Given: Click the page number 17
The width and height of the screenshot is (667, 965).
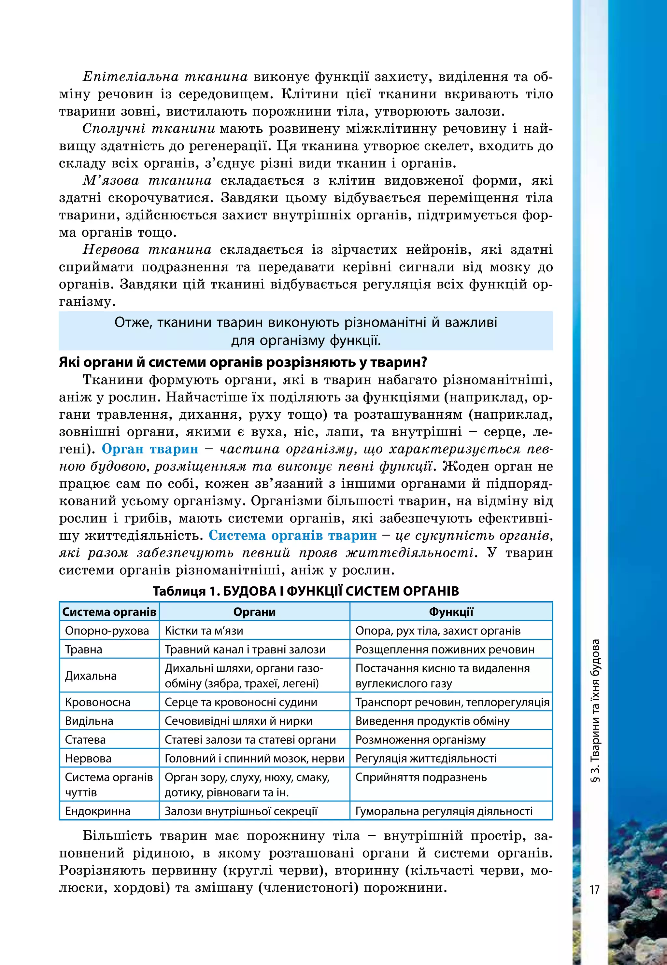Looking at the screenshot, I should pos(594,890).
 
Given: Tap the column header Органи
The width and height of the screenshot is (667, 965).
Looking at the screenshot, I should pos(254,612).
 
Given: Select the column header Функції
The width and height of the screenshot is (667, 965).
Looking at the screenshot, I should pos(451,612).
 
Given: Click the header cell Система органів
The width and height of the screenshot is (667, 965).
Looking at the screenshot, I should pos(109,612).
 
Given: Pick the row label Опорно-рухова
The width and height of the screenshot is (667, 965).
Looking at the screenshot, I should pos(107,631).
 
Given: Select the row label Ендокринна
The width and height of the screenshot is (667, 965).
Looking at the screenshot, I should pos(98,811).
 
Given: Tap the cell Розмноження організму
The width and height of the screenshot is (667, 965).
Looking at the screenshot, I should pos(420,740).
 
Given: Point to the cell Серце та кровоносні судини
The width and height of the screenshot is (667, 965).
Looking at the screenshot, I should pos(241,702).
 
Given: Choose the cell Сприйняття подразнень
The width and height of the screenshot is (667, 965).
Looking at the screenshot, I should pos(421,777).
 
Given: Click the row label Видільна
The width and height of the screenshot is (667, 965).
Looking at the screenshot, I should pos(89,721).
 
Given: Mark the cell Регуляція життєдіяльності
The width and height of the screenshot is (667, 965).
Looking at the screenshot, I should pos(426,759).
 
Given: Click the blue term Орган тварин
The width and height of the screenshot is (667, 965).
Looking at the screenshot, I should pos(150,449).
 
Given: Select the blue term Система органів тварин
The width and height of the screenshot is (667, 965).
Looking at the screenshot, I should pos(292,536).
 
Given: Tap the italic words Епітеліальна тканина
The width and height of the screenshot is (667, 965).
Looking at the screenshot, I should pos(165,77).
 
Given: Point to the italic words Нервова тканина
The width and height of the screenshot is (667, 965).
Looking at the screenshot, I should pos(147,250).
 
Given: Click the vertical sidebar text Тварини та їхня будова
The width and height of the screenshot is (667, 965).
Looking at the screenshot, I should pos(596,710).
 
